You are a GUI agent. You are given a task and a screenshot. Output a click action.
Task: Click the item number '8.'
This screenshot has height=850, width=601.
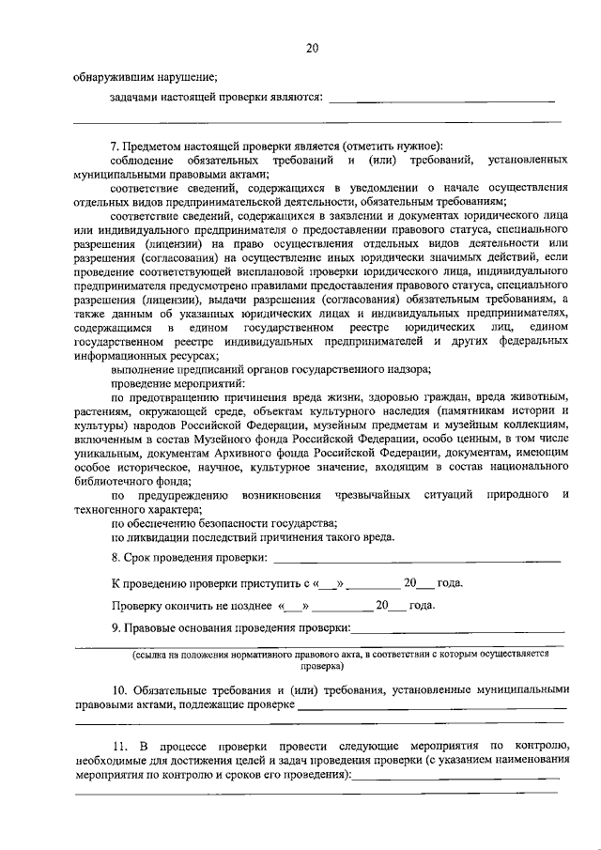(x=116, y=559)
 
